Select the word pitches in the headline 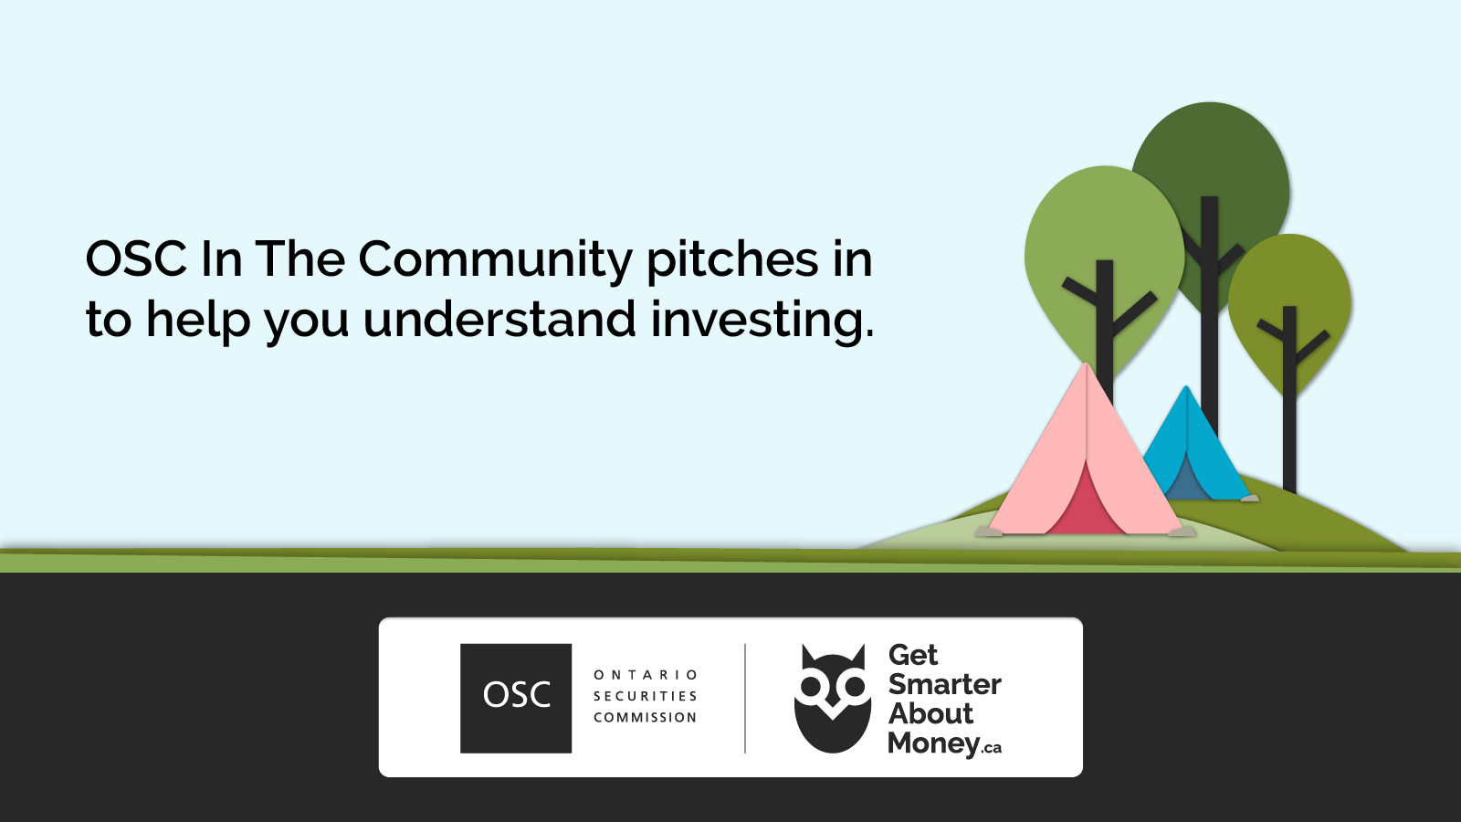732,259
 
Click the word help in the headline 197,321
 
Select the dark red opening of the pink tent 1087,502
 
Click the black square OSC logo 516,698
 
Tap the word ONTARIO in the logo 646,675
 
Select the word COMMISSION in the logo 646,718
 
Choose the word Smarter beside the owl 944,684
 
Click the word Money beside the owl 933,743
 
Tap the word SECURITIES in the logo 646,696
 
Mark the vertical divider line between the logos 745,698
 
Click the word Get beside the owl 912,655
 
